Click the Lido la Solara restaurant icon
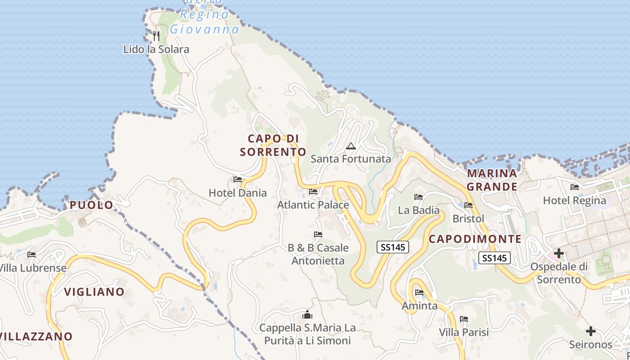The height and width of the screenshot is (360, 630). (x=156, y=36)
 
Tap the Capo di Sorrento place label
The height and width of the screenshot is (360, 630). (x=273, y=145)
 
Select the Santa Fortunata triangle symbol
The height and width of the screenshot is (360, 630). (x=351, y=146)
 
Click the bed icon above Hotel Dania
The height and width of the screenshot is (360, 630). (x=238, y=180)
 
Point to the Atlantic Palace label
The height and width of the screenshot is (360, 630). (x=313, y=205)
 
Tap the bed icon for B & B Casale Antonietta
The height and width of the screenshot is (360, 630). (x=318, y=234)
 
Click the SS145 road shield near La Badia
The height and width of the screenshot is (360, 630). (x=392, y=247)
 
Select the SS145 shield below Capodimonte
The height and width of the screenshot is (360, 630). (x=495, y=258)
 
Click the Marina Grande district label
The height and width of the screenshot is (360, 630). (x=491, y=180)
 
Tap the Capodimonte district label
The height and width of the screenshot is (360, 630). (x=475, y=239)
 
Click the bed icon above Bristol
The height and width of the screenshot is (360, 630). (x=468, y=205)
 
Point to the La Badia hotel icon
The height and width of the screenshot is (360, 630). (x=418, y=197)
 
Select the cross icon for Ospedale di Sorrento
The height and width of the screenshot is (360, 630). (x=558, y=253)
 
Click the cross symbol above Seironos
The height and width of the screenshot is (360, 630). (x=590, y=331)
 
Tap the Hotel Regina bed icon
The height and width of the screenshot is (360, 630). (x=574, y=187)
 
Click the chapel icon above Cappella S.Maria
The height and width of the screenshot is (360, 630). (x=307, y=314)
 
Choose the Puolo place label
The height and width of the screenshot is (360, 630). (x=91, y=205)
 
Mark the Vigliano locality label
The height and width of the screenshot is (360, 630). (x=94, y=292)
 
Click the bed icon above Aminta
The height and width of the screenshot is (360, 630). (x=419, y=292)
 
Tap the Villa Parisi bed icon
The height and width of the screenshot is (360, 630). (x=464, y=319)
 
